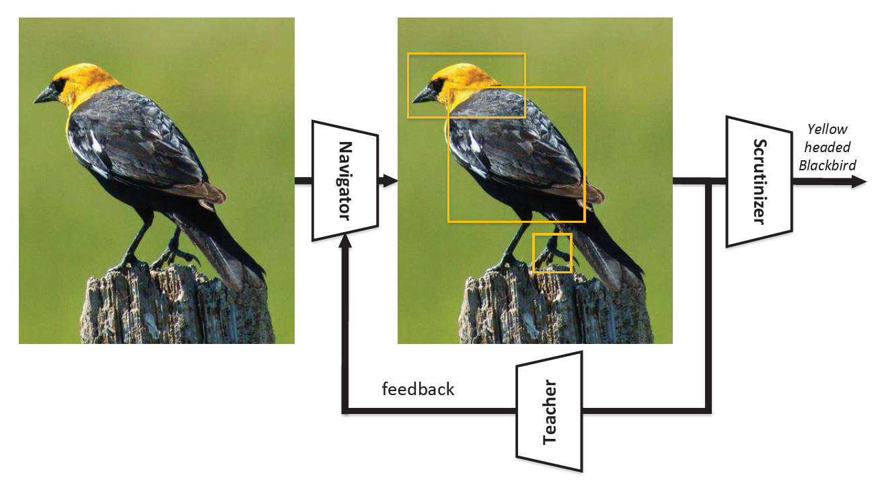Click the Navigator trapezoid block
coord(344,180)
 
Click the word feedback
coord(418,389)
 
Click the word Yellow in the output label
coord(828,129)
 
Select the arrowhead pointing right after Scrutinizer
coord(859,181)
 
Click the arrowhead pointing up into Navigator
coord(345,244)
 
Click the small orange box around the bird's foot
coord(552,253)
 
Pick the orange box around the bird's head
coord(466,85)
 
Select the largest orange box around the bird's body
coord(516,154)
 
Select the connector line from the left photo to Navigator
coord(303,180)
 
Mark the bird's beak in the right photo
coord(425,96)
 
